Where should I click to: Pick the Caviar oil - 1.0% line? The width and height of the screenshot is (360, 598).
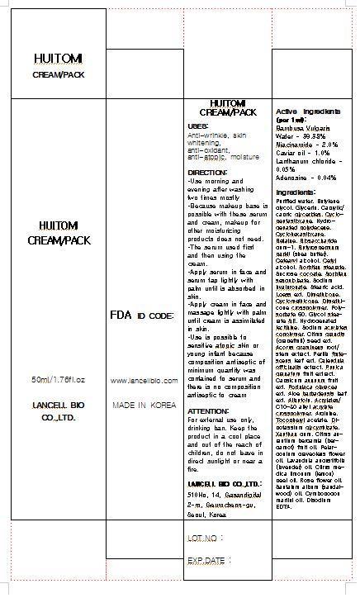(300, 153)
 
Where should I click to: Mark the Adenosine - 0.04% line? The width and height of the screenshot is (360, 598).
(303, 178)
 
